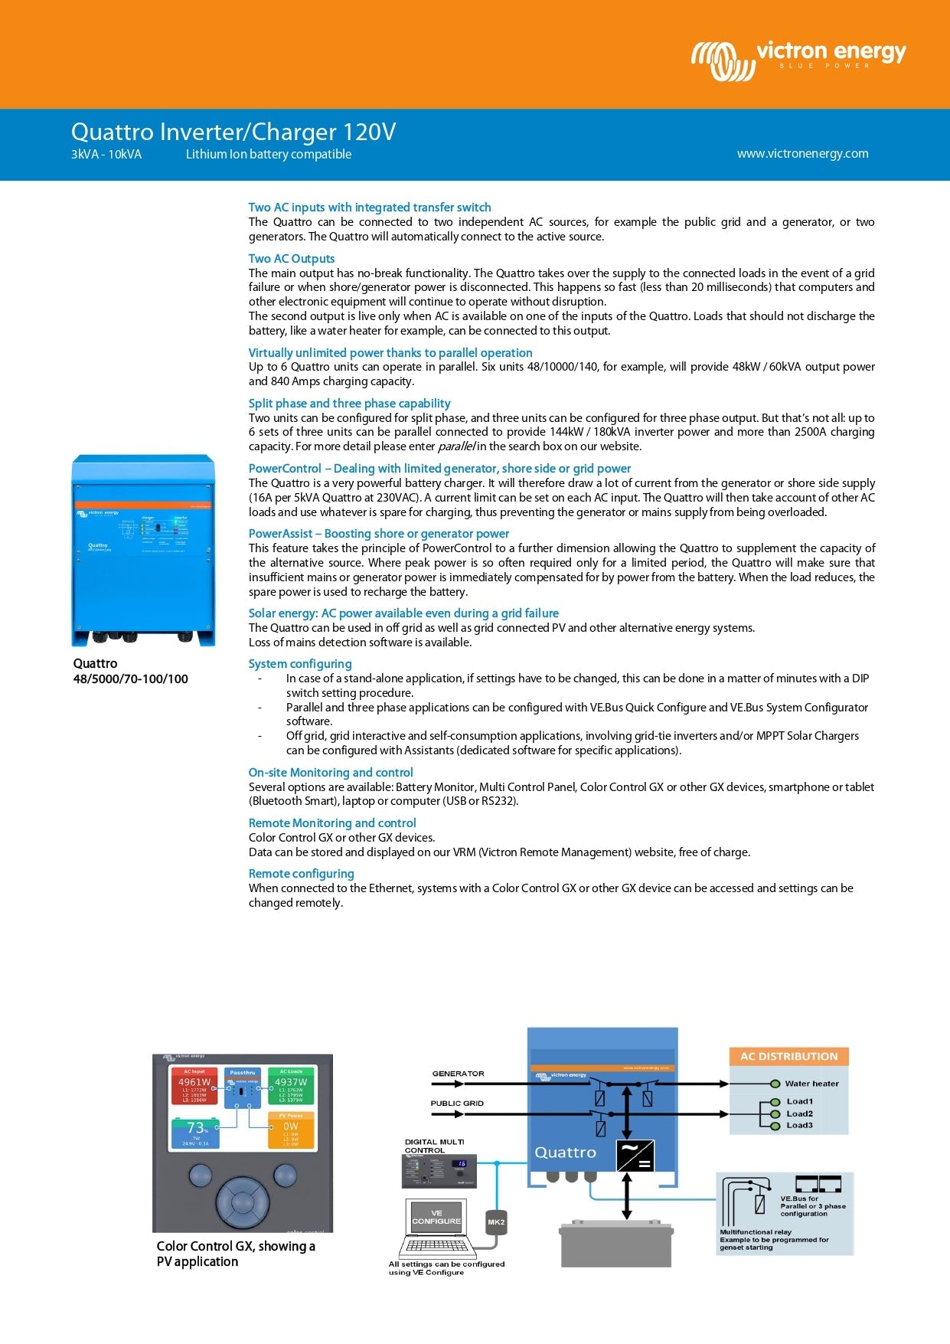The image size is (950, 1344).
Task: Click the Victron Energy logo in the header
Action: pyautogui.click(x=798, y=60)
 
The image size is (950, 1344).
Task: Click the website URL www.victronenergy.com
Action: pyautogui.click(x=802, y=154)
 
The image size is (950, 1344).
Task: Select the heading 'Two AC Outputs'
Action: pyautogui.click(x=292, y=259)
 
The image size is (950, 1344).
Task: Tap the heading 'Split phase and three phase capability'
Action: pyautogui.click(x=349, y=404)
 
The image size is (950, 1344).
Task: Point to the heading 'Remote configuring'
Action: pyautogui.click(x=301, y=874)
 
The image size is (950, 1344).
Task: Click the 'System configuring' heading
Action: pyautogui.click(x=300, y=664)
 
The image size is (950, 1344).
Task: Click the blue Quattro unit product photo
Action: pyautogui.click(x=143, y=550)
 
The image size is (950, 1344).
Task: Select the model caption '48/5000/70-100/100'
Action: pyautogui.click(x=130, y=679)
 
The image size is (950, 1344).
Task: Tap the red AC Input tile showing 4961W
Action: pyautogui.click(x=194, y=1087)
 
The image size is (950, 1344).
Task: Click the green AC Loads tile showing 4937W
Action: pyautogui.click(x=291, y=1087)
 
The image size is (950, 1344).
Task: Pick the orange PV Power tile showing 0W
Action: pyautogui.click(x=291, y=1130)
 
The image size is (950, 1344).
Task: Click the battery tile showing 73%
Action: pyautogui.click(x=196, y=1133)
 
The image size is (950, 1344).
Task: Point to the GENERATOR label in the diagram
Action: pyautogui.click(x=458, y=1074)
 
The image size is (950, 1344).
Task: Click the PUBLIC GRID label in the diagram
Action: pyautogui.click(x=457, y=1104)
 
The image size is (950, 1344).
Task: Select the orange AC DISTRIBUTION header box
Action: pyautogui.click(x=788, y=1057)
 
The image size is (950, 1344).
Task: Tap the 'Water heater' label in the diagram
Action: pyautogui.click(x=811, y=1084)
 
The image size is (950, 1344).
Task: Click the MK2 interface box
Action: pyautogui.click(x=496, y=1221)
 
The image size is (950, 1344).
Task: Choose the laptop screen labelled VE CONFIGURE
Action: pyautogui.click(x=436, y=1217)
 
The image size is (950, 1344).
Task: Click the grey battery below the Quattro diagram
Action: pyautogui.click(x=616, y=1244)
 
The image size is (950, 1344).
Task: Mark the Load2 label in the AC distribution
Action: pyautogui.click(x=799, y=1114)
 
